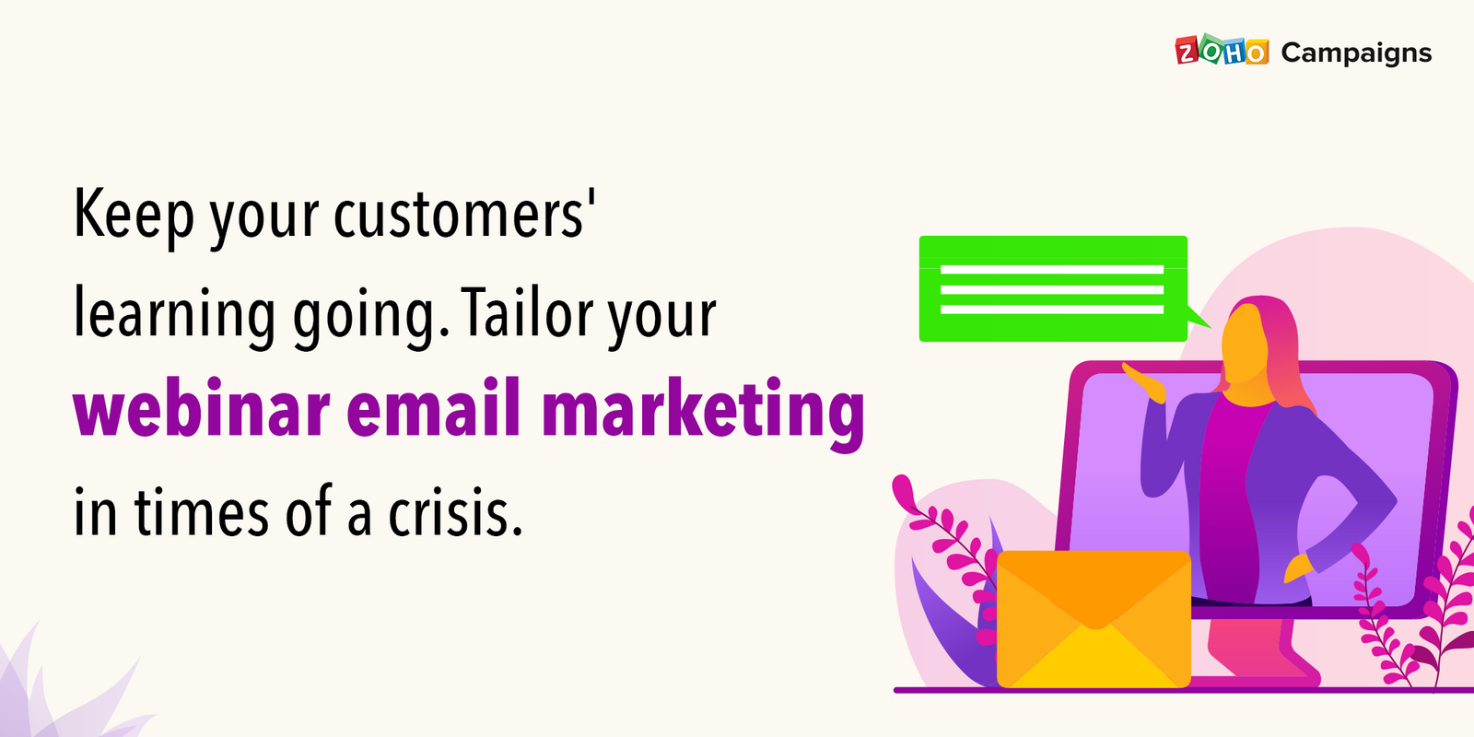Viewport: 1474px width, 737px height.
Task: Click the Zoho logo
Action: [x=1222, y=52]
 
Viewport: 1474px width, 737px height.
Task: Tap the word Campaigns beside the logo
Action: [x=1356, y=53]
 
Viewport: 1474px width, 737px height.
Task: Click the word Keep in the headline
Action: [x=134, y=215]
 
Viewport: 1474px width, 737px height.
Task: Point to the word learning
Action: [x=174, y=314]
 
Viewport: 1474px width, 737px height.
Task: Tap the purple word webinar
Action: [x=202, y=409]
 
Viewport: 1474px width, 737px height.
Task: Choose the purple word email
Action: [x=434, y=409]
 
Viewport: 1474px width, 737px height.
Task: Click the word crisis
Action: [x=455, y=513]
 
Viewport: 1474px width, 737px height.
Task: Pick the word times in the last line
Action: [x=202, y=513]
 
